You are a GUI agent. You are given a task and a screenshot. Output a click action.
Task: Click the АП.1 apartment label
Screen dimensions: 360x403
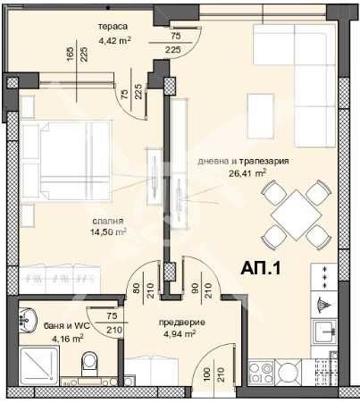[261, 269]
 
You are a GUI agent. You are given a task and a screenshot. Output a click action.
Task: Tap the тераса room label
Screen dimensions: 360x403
[113, 27]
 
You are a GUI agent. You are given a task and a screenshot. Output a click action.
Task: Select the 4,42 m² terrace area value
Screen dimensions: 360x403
[115, 40]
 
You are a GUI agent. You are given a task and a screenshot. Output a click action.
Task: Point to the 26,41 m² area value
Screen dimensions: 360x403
[247, 173]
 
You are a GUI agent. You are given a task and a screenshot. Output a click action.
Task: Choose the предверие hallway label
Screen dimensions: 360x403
[181, 323]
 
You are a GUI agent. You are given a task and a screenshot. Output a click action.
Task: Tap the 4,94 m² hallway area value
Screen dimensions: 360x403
[180, 333]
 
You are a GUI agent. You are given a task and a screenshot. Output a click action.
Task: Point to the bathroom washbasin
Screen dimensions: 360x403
[27, 318]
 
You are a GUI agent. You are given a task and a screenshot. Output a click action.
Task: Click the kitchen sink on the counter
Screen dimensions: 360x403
[324, 332]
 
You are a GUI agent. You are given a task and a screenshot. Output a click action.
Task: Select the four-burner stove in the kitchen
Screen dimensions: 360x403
[261, 373]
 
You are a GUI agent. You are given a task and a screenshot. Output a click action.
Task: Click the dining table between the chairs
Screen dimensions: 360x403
[296, 215]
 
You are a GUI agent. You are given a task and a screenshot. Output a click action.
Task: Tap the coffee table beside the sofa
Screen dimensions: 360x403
[261, 116]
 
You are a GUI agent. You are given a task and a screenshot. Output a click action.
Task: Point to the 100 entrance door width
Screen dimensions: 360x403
[208, 374]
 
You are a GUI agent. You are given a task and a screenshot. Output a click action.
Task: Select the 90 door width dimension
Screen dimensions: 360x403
[196, 289]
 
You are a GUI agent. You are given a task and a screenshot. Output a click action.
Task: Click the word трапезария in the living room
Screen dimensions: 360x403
[264, 162]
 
